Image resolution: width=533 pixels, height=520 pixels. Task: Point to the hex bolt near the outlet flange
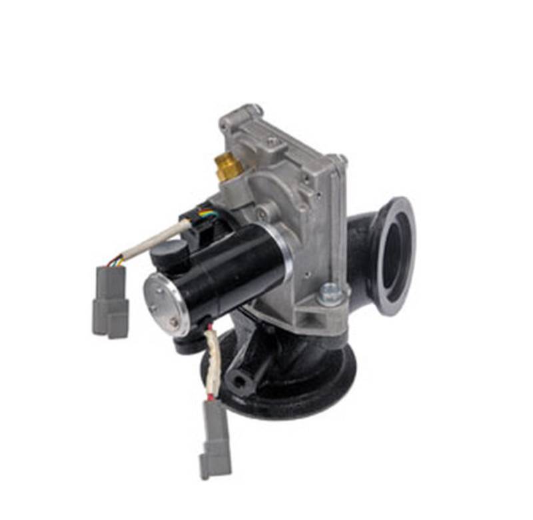click(x=331, y=293)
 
